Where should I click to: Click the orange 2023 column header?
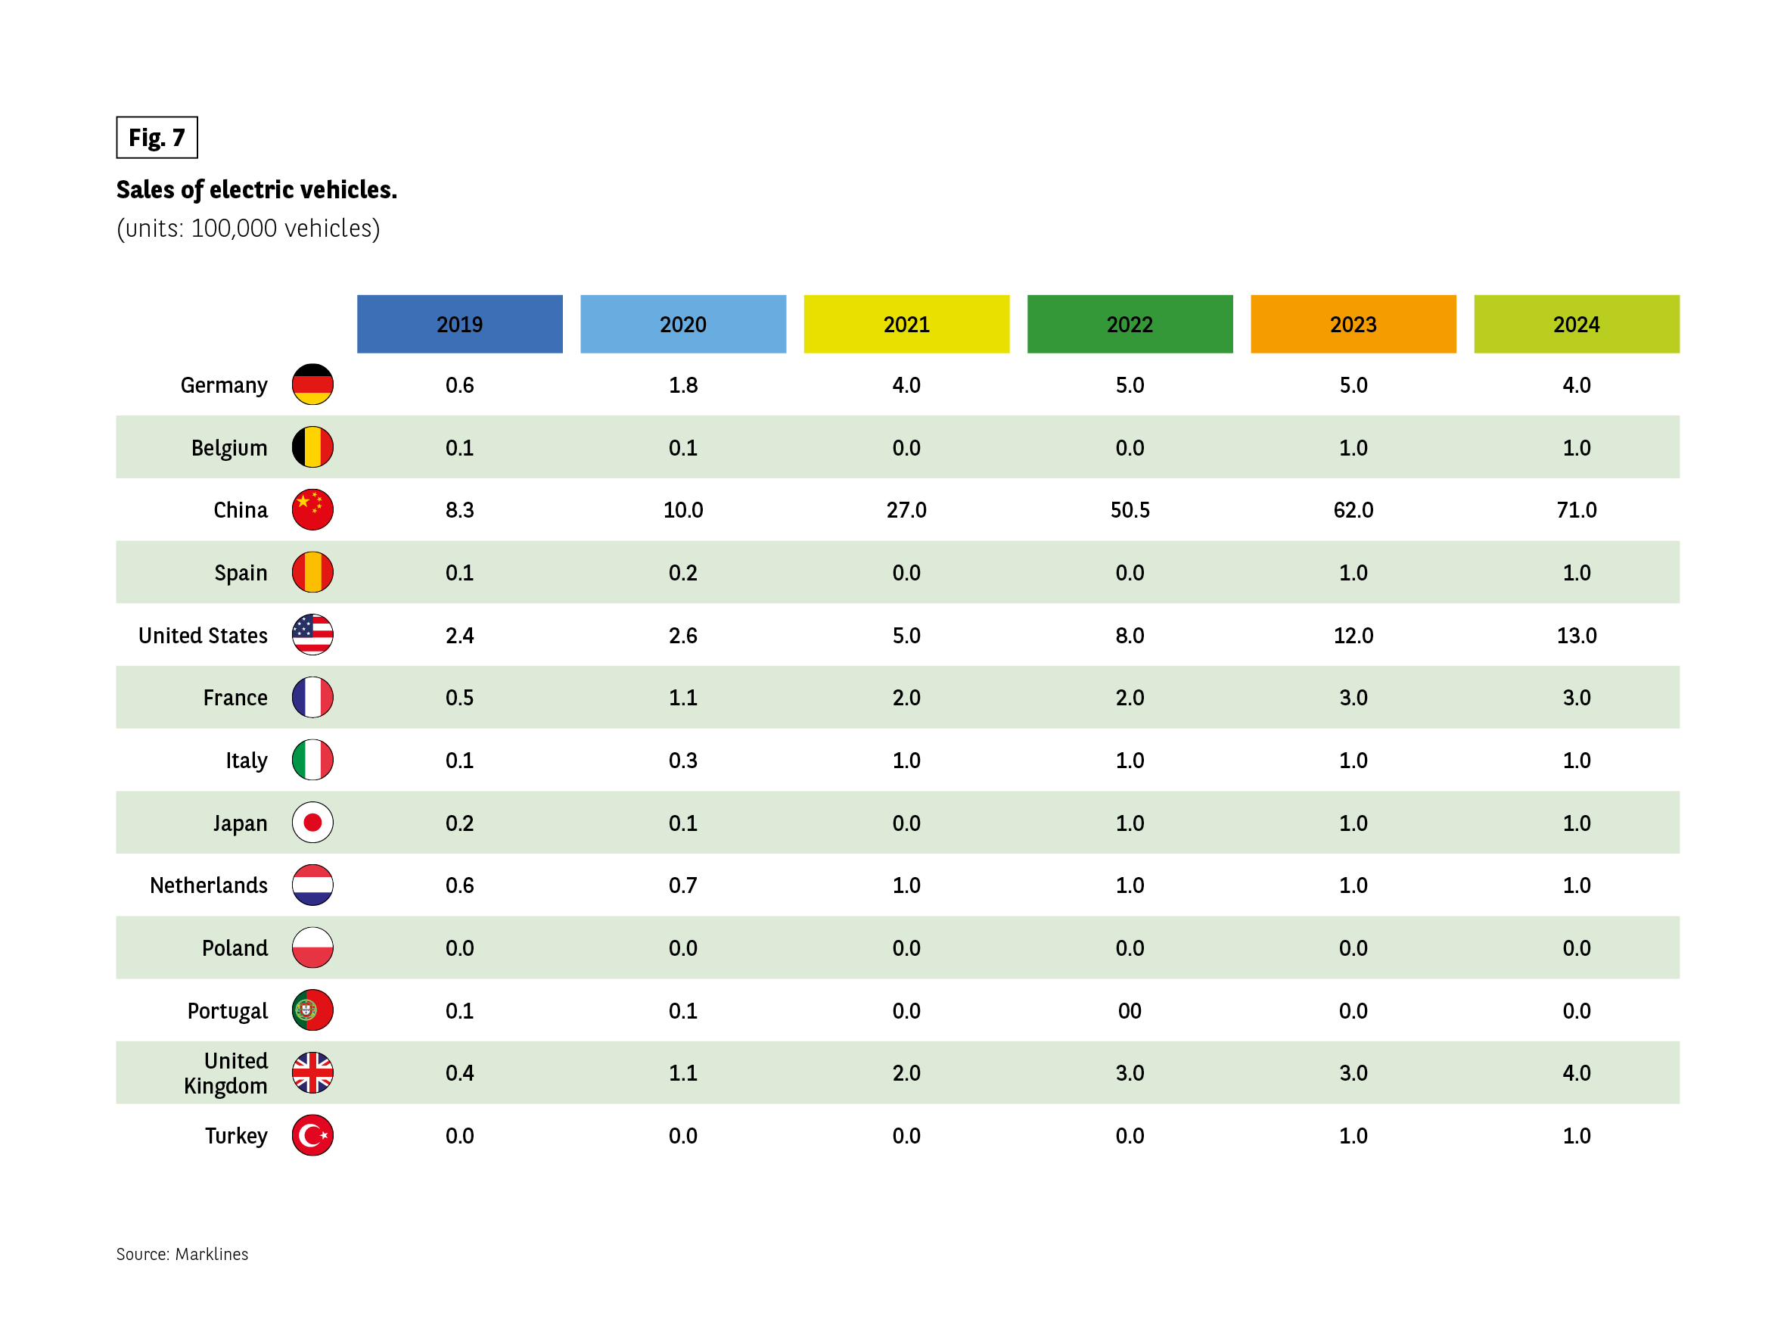pos(1353,324)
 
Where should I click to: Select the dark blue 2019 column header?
pos(460,324)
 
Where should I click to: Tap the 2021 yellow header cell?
pos(906,324)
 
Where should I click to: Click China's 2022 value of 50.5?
pos(1130,510)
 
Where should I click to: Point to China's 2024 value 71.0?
pos(1576,510)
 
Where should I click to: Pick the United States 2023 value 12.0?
pos(1353,636)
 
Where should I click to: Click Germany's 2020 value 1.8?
pos(682,384)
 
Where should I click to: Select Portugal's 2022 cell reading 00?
pos(1130,1010)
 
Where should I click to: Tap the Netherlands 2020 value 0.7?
pos(682,885)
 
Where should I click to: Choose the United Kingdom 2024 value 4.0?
pos(1576,1072)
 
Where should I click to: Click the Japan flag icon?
pos(312,823)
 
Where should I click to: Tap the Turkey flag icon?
pos(312,1135)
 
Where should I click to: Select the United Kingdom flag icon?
pos(312,1072)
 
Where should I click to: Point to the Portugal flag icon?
pos(312,1010)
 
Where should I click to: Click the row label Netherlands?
pos(208,885)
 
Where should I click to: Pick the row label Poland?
pos(235,948)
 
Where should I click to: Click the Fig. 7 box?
pos(157,138)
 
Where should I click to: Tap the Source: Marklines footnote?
pos(182,1254)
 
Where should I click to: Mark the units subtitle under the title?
pos(248,229)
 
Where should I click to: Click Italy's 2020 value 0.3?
pos(682,761)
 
